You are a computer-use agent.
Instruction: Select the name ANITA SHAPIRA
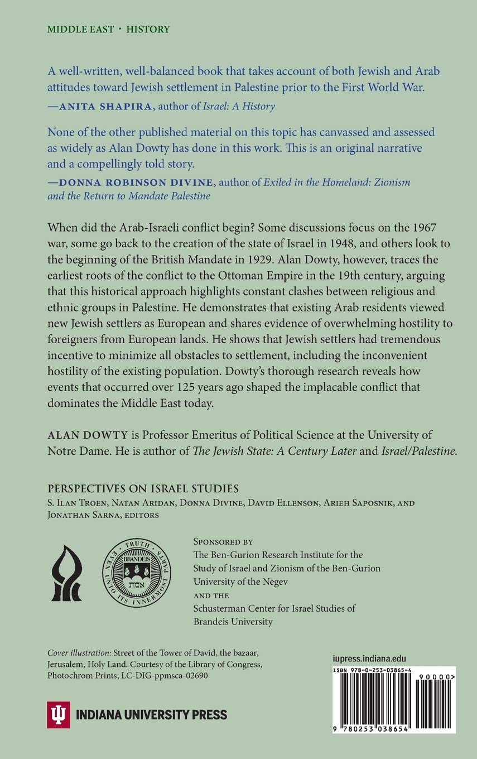click(99, 106)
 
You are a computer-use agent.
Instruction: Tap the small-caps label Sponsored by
click(223, 541)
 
